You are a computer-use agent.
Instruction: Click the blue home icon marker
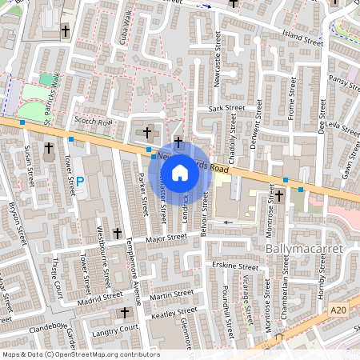180,172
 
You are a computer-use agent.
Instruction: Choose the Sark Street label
225,107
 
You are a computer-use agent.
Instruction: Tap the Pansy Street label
345,84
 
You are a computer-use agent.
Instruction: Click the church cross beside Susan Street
48,148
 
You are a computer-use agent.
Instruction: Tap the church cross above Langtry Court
123,312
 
